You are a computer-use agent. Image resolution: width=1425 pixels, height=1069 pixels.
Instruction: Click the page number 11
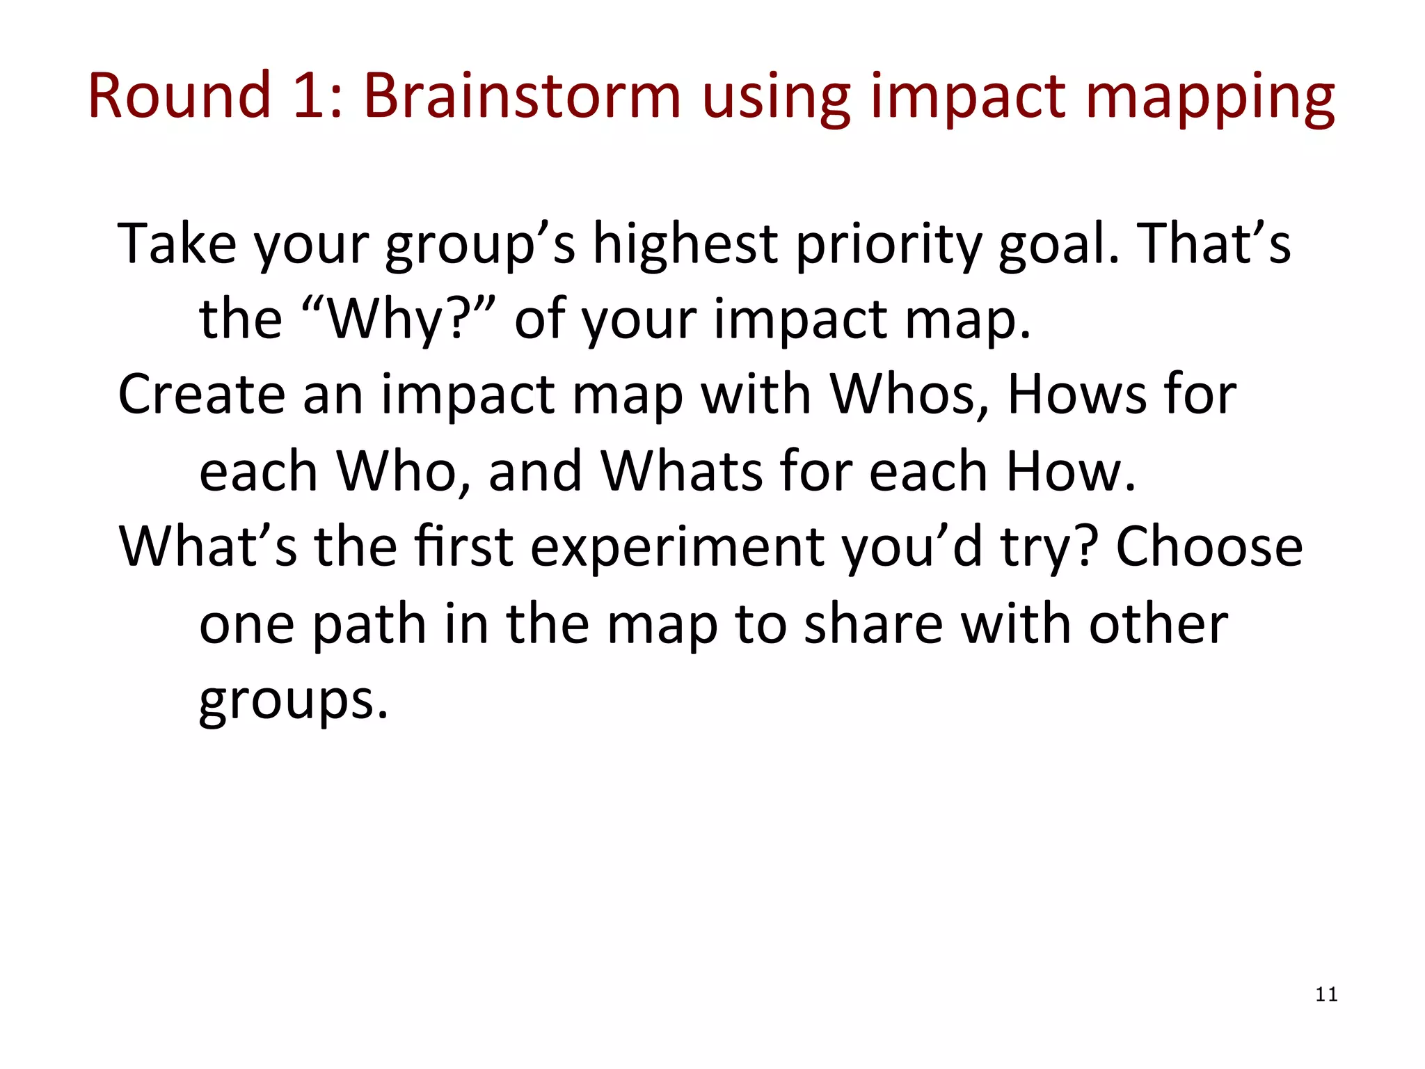coord(1326,995)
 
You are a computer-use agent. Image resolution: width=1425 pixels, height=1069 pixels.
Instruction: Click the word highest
coord(685,243)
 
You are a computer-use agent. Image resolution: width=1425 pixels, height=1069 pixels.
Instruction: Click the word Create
coord(202,395)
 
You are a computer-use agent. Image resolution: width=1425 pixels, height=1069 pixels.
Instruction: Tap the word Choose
coord(1209,547)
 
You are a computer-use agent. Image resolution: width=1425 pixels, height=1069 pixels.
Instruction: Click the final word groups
coord(293,701)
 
